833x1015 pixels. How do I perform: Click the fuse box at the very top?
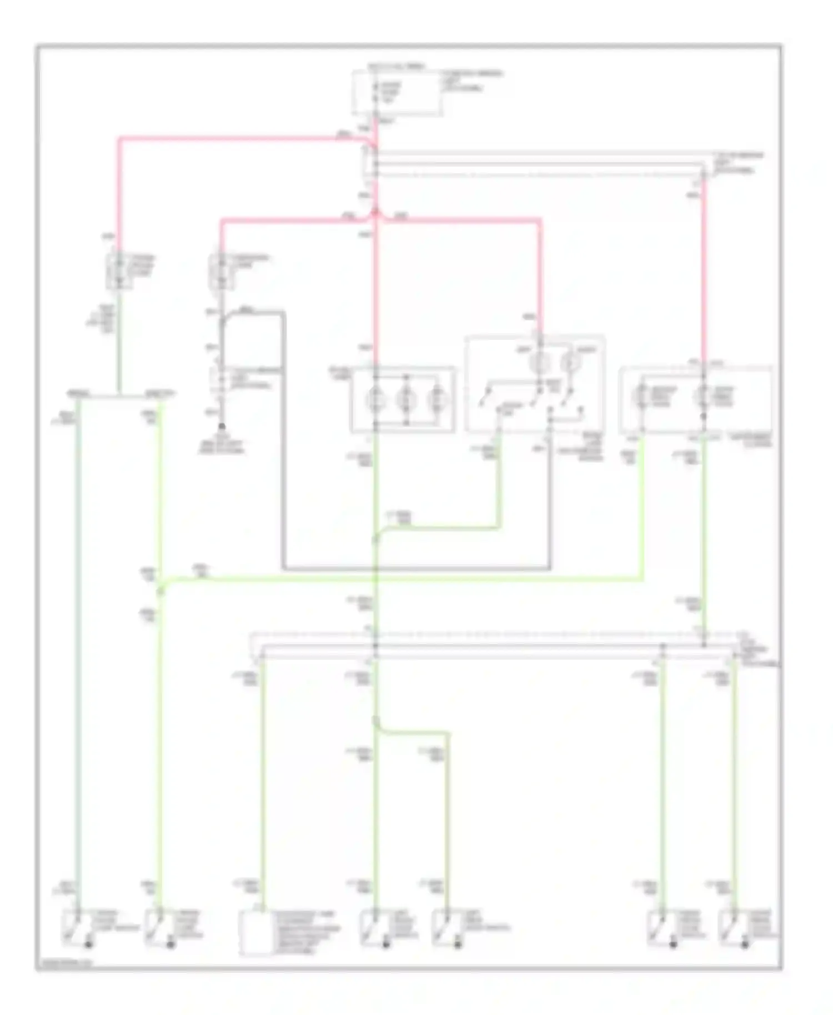pyautogui.click(x=398, y=93)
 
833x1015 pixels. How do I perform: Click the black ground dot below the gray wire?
pyautogui.click(x=222, y=426)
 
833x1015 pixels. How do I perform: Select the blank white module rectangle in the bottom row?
pyautogui.click(x=255, y=933)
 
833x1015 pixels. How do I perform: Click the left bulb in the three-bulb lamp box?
pyautogui.click(x=375, y=399)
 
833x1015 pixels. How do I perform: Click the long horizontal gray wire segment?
pyautogui.click(x=416, y=569)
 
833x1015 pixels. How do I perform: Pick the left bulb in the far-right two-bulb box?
pyautogui.click(x=642, y=396)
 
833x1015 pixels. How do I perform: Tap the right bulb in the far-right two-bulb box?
pyautogui.click(x=703, y=396)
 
